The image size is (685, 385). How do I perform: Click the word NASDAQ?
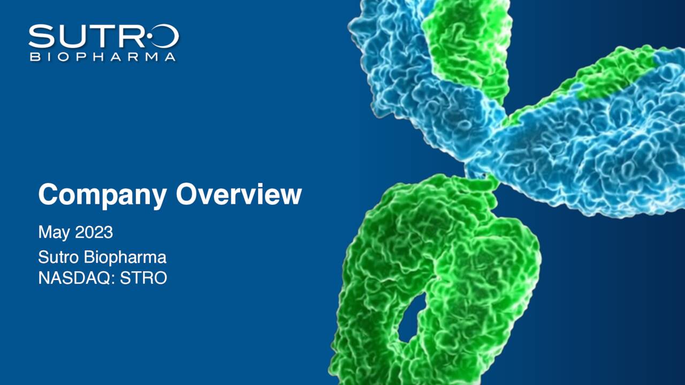[x=77, y=278]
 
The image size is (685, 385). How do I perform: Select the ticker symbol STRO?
[x=143, y=278]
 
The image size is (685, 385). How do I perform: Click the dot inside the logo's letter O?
[x=149, y=36]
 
